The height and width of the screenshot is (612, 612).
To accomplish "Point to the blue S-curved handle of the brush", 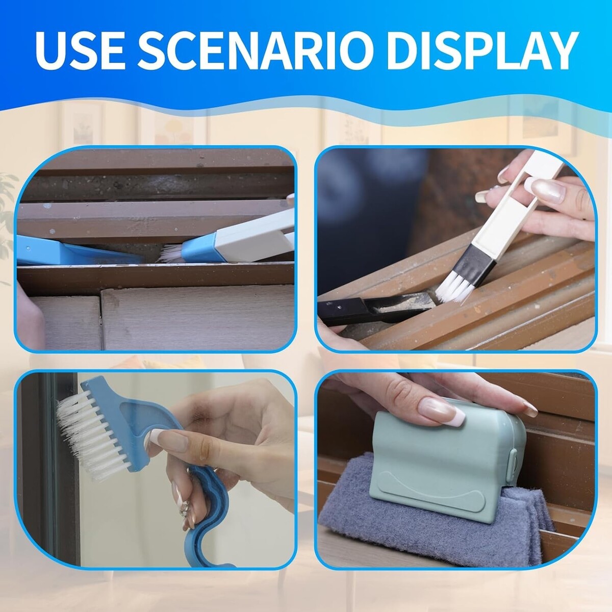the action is [x=207, y=521].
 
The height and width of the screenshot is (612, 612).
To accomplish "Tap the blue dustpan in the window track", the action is [x=76, y=251].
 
